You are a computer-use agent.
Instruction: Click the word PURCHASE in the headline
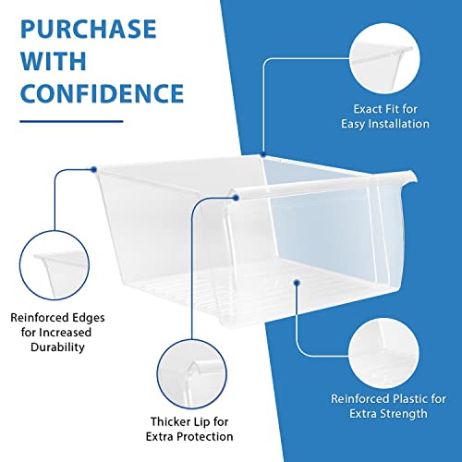89,30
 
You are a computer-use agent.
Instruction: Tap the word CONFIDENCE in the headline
102,93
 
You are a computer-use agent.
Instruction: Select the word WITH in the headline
54,61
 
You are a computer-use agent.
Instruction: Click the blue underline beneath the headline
71,121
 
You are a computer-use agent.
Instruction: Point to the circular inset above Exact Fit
384,58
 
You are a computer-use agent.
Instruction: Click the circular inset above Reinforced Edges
55,265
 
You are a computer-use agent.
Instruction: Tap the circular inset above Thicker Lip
191,374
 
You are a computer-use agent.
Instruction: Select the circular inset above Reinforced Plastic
384,353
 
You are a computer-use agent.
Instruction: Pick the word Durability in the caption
57,347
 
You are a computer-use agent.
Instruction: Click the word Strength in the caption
406,414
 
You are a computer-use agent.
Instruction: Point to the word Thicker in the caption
168,421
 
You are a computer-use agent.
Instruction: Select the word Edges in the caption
89,318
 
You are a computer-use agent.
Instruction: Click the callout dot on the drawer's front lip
236,198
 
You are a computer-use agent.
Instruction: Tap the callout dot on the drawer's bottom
297,283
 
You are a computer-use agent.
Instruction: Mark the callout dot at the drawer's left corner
94,169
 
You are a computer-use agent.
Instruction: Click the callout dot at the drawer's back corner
263,154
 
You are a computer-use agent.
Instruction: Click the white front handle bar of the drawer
323,184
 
